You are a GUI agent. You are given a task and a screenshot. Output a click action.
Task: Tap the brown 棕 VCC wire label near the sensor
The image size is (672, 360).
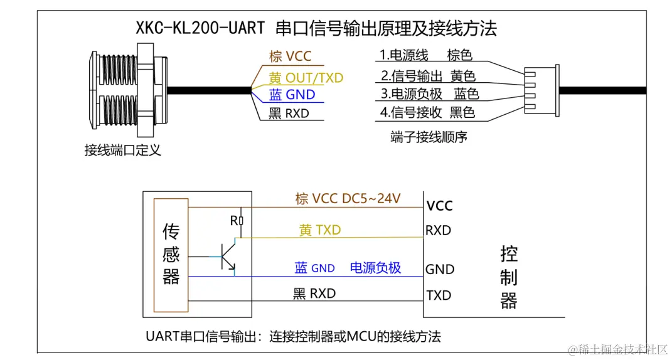click(x=290, y=56)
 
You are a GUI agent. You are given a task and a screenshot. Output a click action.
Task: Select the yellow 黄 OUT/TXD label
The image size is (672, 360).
click(x=306, y=78)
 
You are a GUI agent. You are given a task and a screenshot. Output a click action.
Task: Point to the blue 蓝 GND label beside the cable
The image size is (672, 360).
click(x=292, y=95)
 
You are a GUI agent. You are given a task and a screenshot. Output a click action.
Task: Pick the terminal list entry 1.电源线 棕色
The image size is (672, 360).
click(x=426, y=55)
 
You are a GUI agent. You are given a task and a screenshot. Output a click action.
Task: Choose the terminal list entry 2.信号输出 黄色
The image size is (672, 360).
click(x=429, y=76)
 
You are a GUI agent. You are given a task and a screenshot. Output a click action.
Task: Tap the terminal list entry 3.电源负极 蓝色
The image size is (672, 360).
click(x=430, y=94)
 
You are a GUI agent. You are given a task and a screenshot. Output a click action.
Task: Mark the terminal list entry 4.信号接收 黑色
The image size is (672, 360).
click(x=428, y=113)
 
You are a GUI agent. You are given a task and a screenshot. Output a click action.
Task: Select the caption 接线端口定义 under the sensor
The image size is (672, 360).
click(x=122, y=150)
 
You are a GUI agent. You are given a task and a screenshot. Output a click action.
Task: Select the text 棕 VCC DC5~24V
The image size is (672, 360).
click(x=348, y=199)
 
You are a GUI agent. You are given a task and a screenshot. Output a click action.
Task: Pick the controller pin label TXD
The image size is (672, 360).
click(x=439, y=295)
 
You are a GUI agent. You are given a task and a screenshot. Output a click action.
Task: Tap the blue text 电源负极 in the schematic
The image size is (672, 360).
click(x=375, y=268)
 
